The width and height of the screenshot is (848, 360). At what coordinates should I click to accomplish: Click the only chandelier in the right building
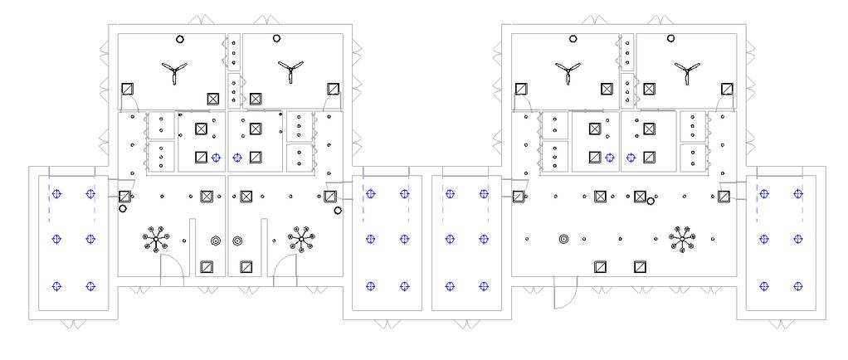point(682,240)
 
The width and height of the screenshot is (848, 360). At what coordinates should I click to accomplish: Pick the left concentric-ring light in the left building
point(216,241)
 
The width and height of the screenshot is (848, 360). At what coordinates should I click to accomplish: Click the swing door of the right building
point(564,290)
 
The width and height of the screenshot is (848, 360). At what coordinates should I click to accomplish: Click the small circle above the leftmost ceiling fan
point(180,38)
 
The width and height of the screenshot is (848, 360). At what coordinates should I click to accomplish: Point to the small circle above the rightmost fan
point(670,38)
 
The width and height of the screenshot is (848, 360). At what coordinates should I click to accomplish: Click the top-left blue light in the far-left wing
point(56,194)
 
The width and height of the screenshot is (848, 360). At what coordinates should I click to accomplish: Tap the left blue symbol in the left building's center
point(217,157)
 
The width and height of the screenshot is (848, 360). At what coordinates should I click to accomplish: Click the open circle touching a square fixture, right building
point(651,200)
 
